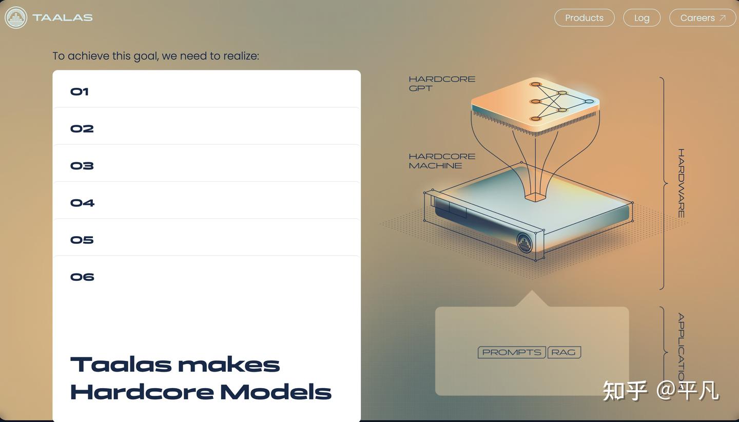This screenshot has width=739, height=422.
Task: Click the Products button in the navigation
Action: (584, 18)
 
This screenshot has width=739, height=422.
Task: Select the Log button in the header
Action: (641, 18)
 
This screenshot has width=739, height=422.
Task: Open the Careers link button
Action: (703, 18)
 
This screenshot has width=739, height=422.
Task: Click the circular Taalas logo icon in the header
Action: (16, 18)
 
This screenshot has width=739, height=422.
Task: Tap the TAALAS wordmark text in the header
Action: (63, 18)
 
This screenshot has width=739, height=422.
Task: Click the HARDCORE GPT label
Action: (442, 84)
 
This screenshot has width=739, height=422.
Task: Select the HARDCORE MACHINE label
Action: (442, 161)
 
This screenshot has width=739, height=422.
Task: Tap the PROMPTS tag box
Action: (512, 352)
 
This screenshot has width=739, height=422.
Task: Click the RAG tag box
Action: (564, 352)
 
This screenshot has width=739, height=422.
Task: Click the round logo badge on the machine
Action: (524, 243)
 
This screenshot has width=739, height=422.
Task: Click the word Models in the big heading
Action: (276, 392)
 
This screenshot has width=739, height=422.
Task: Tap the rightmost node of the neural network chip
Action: (589, 102)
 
